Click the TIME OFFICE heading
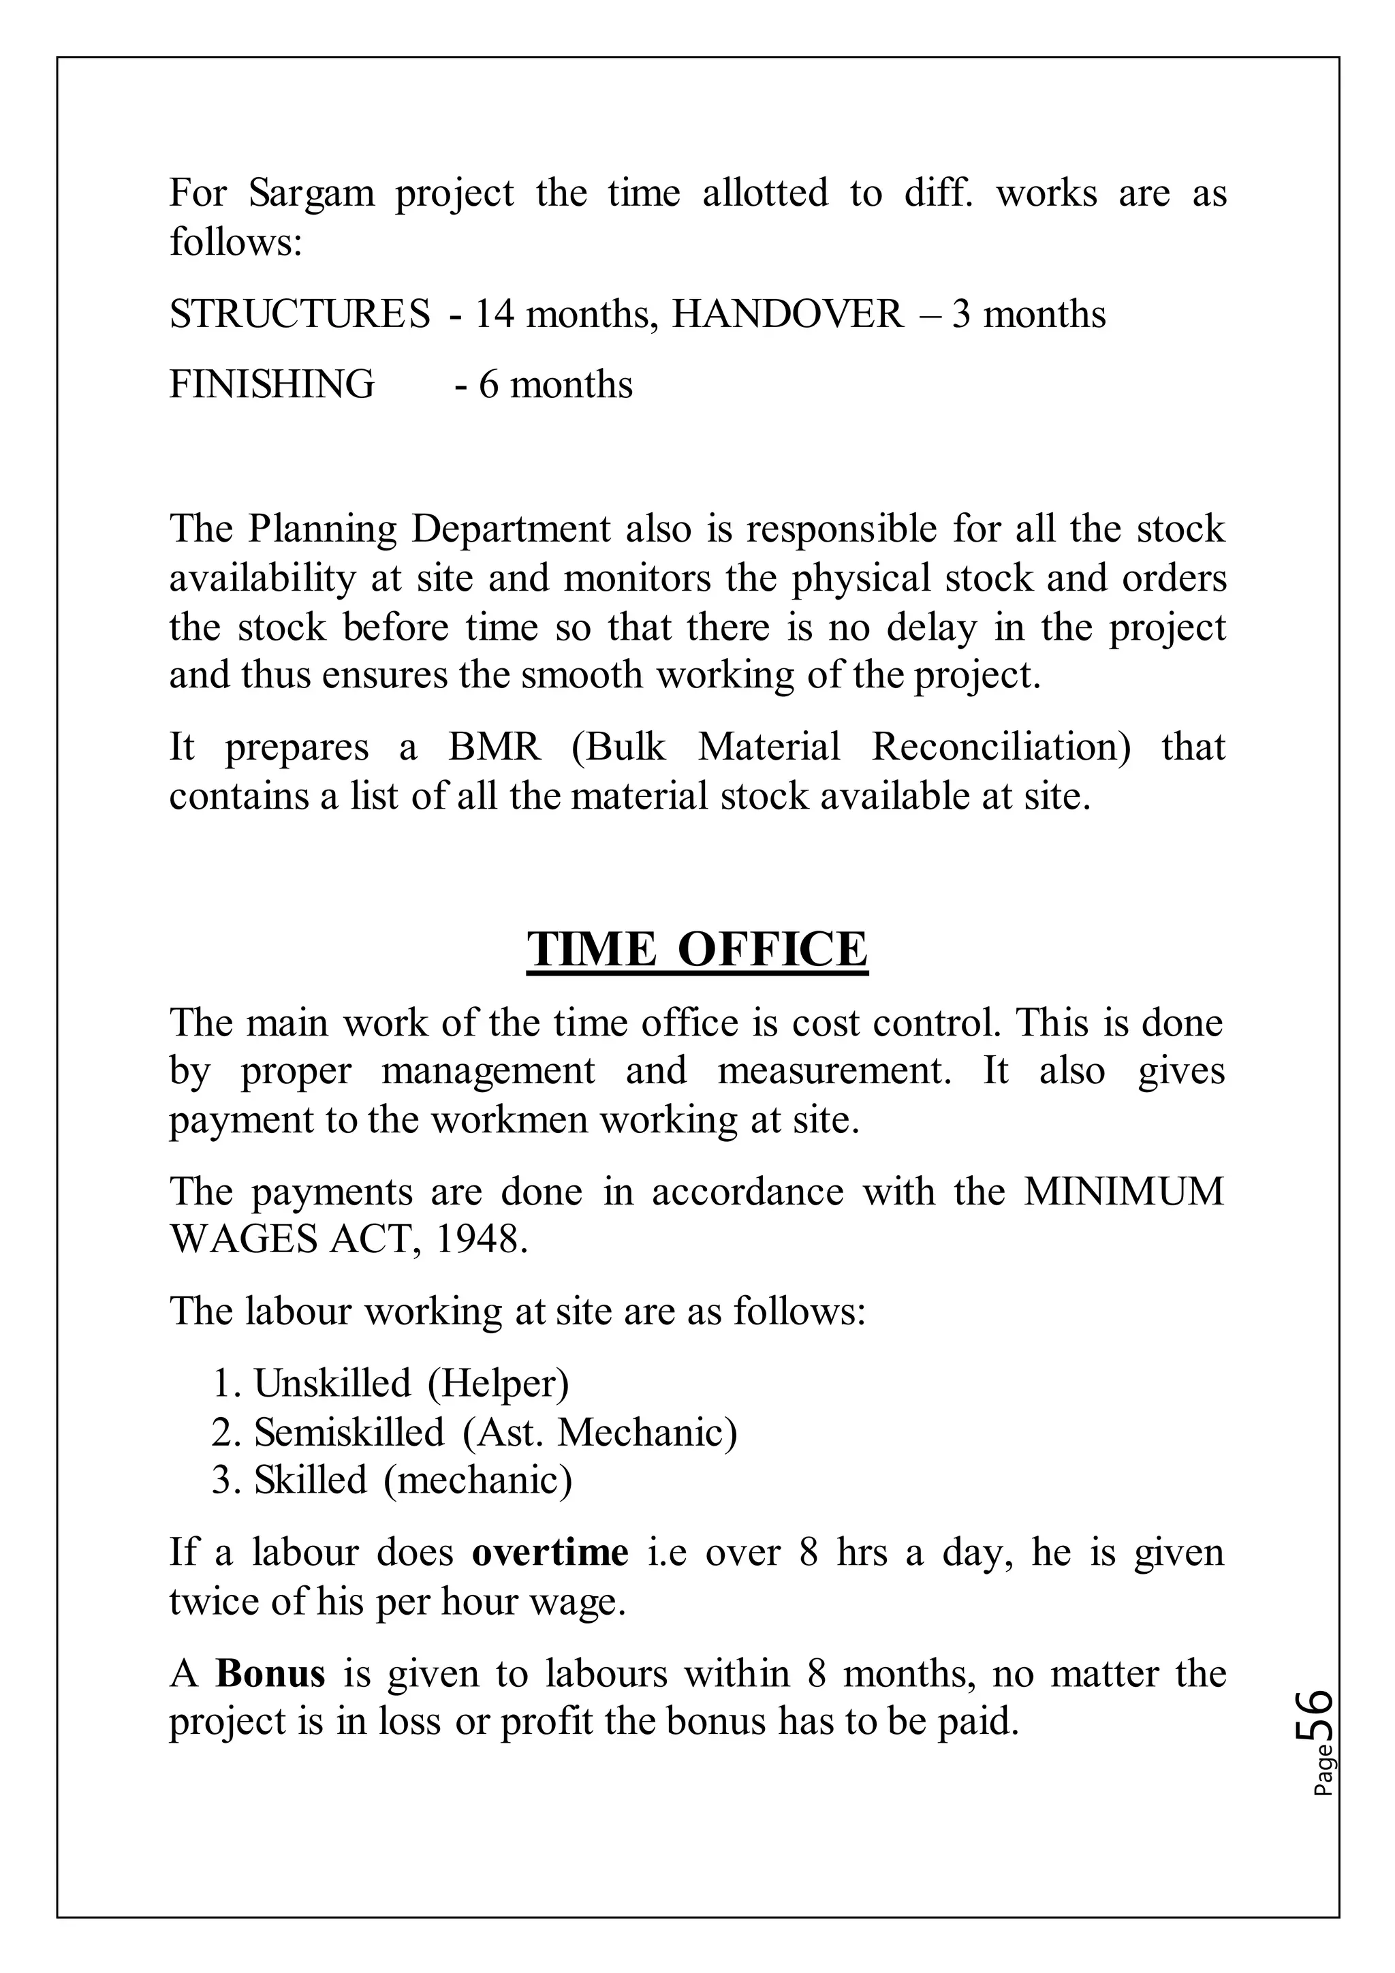[x=697, y=950]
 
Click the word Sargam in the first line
[x=312, y=193]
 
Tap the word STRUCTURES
[x=300, y=315]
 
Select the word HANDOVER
[x=787, y=315]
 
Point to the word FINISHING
[x=272, y=384]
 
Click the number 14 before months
[x=494, y=315]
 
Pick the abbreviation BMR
[x=495, y=747]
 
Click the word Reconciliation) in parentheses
[x=1001, y=747]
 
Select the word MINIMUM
[x=1123, y=1192]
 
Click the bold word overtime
[x=550, y=1552]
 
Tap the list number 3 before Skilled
[x=221, y=1480]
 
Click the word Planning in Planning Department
[x=322, y=529]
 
